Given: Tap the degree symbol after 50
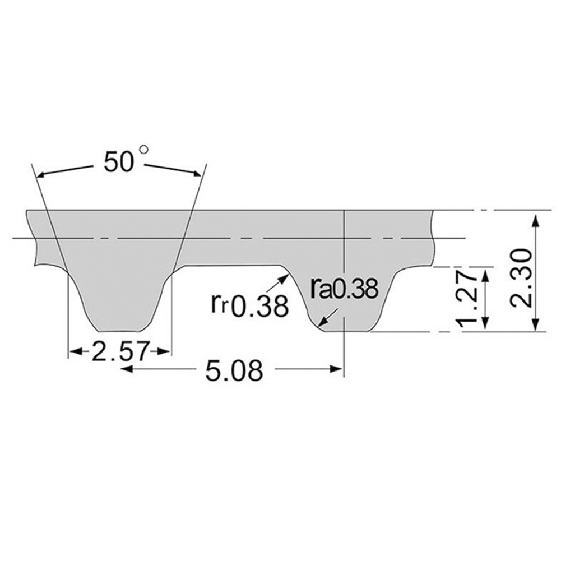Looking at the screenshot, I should [145, 150].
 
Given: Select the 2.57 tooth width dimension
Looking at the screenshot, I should [119, 352].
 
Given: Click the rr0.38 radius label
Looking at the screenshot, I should [249, 304].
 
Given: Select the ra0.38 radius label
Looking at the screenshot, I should [344, 289].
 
